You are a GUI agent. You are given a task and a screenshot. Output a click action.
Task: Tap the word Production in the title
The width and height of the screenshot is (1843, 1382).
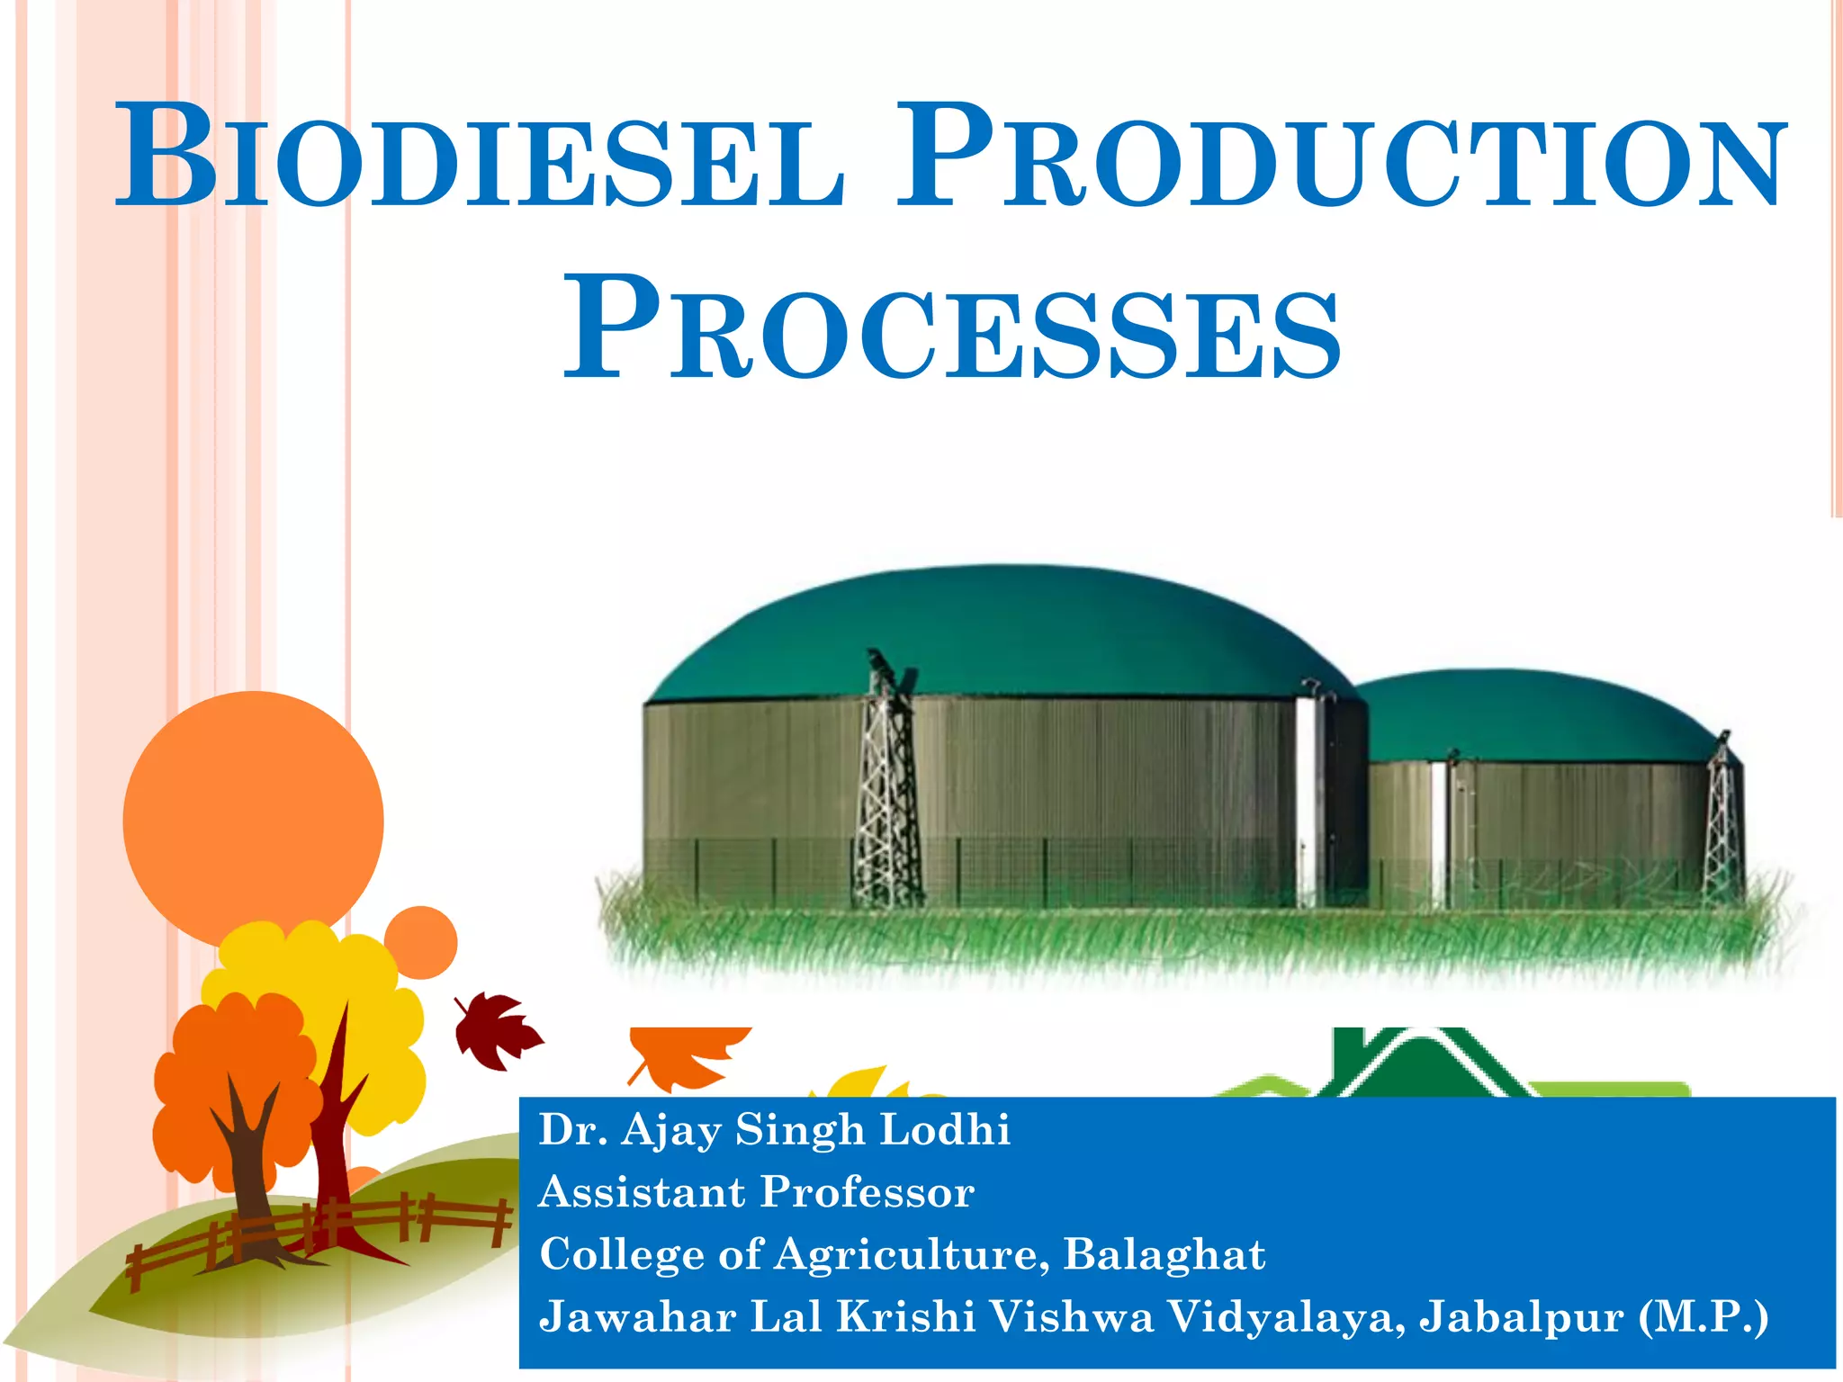pos(1341,158)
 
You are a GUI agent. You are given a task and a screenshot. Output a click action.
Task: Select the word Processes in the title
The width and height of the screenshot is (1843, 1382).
pos(952,329)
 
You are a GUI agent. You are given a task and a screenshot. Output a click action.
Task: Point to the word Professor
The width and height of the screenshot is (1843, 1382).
pos(868,1192)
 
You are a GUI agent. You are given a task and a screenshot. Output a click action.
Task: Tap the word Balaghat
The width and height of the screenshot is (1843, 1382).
pos(1164,1254)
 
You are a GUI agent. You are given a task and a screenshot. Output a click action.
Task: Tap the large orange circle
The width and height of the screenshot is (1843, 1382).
pos(253,819)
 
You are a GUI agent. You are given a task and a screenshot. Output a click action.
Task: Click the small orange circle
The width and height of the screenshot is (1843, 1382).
pos(421,942)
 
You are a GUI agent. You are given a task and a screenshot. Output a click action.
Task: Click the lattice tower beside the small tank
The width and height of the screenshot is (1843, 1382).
pos(1722,819)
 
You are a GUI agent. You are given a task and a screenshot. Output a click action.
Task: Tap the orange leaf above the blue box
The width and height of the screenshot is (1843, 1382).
pos(688,1053)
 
